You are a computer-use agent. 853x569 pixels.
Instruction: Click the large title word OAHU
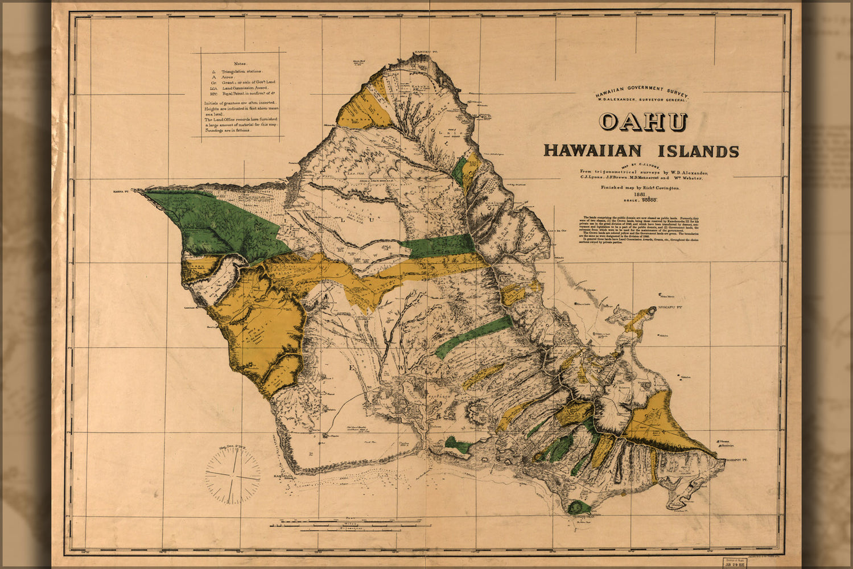click(x=644, y=122)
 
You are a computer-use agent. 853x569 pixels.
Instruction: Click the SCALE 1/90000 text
click(x=640, y=200)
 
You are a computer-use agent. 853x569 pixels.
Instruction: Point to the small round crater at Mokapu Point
click(x=650, y=312)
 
